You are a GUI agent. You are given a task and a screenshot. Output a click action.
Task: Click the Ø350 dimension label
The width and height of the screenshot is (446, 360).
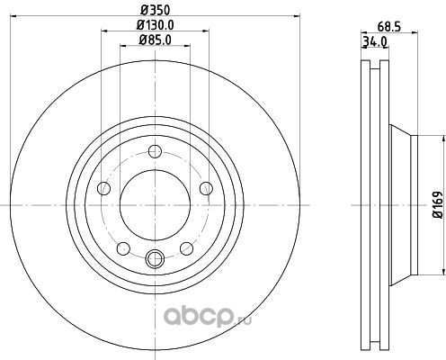point(156,10)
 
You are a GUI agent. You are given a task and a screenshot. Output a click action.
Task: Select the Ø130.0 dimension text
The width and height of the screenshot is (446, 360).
point(156,24)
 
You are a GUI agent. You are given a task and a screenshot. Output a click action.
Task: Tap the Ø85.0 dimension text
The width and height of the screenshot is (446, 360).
point(155,40)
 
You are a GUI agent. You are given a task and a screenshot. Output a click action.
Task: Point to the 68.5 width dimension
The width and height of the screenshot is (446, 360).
point(389,27)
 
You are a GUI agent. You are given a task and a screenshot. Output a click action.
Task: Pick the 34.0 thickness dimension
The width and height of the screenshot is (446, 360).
point(375,41)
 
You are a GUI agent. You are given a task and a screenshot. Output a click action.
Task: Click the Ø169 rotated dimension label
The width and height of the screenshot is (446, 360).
point(438,204)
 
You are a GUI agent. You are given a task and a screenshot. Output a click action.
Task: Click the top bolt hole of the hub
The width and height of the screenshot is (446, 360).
point(155,151)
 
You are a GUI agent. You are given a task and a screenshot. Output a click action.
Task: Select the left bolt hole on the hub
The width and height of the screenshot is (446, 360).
point(104,188)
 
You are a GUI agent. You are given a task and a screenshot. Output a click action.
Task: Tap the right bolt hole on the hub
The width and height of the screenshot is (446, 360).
point(206,188)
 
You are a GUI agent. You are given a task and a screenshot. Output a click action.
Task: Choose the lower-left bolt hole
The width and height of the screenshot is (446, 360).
point(123,248)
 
